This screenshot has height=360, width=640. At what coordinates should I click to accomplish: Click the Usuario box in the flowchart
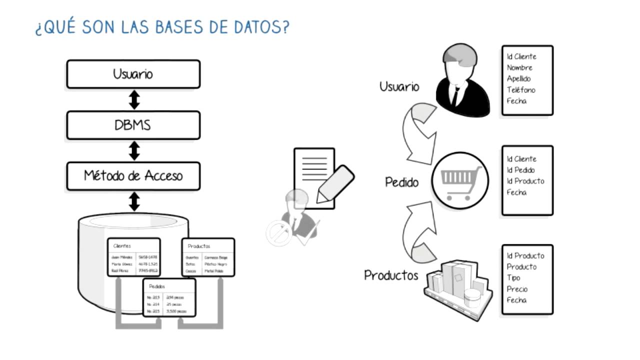[x=133, y=74]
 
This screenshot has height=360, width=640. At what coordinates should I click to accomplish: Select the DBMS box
[x=133, y=125]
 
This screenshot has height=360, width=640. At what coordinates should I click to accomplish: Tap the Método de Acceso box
[x=133, y=176]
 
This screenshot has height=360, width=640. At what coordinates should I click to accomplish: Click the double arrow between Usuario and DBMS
[x=134, y=99]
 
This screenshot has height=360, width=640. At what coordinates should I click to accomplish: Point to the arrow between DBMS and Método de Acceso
[x=134, y=150]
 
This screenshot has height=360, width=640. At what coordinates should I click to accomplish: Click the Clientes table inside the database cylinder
[x=134, y=257]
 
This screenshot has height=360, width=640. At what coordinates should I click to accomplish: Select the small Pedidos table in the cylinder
[x=169, y=297]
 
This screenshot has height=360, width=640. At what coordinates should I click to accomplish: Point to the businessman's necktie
[x=456, y=94]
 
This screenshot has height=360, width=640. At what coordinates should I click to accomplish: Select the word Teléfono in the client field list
[x=521, y=90]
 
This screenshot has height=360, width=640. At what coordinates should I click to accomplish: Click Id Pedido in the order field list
[x=520, y=170]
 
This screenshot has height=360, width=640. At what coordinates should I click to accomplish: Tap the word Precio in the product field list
[x=517, y=289]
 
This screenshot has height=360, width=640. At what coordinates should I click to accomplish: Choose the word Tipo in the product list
[x=513, y=278]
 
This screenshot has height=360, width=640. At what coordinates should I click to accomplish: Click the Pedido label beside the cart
[x=401, y=182]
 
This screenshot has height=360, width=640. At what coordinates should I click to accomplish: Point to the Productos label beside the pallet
[x=391, y=275]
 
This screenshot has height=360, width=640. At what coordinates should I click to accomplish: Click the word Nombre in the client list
[x=519, y=67]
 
